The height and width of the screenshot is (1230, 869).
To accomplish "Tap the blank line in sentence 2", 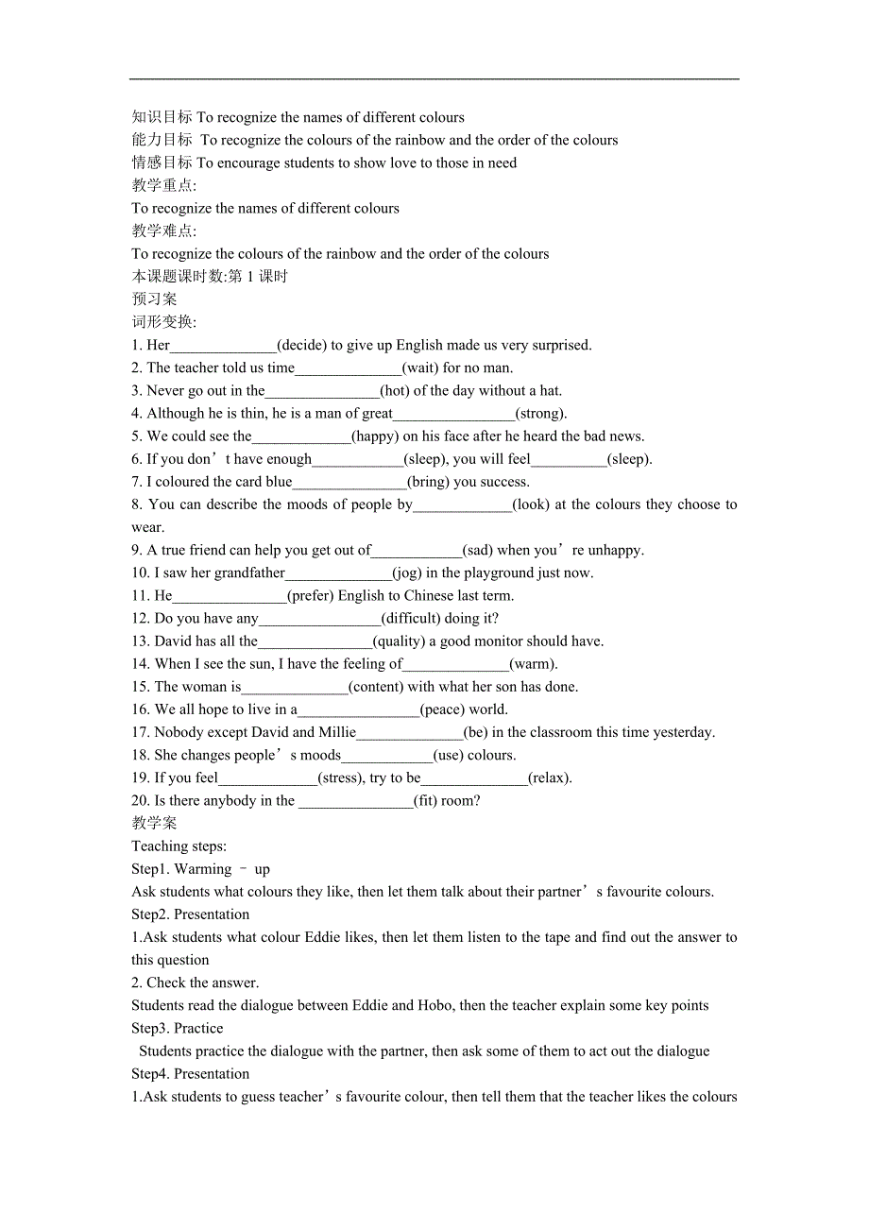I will pos(348,368).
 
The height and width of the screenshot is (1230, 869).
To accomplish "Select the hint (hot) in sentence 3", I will pos(396,391).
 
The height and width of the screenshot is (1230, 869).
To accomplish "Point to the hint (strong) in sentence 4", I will pos(540,414).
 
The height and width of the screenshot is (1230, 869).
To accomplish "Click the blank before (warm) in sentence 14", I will pos(455,665).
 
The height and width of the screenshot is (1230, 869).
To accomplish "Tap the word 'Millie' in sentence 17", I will pos(336,732).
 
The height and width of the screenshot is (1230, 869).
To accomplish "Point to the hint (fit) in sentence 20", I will pos(430,800).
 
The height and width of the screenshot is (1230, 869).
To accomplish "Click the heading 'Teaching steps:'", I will pos(179,846).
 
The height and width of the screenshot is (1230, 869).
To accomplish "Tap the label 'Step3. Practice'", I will pos(178,1028).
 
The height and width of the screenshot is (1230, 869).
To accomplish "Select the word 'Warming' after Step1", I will pos(203,868).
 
